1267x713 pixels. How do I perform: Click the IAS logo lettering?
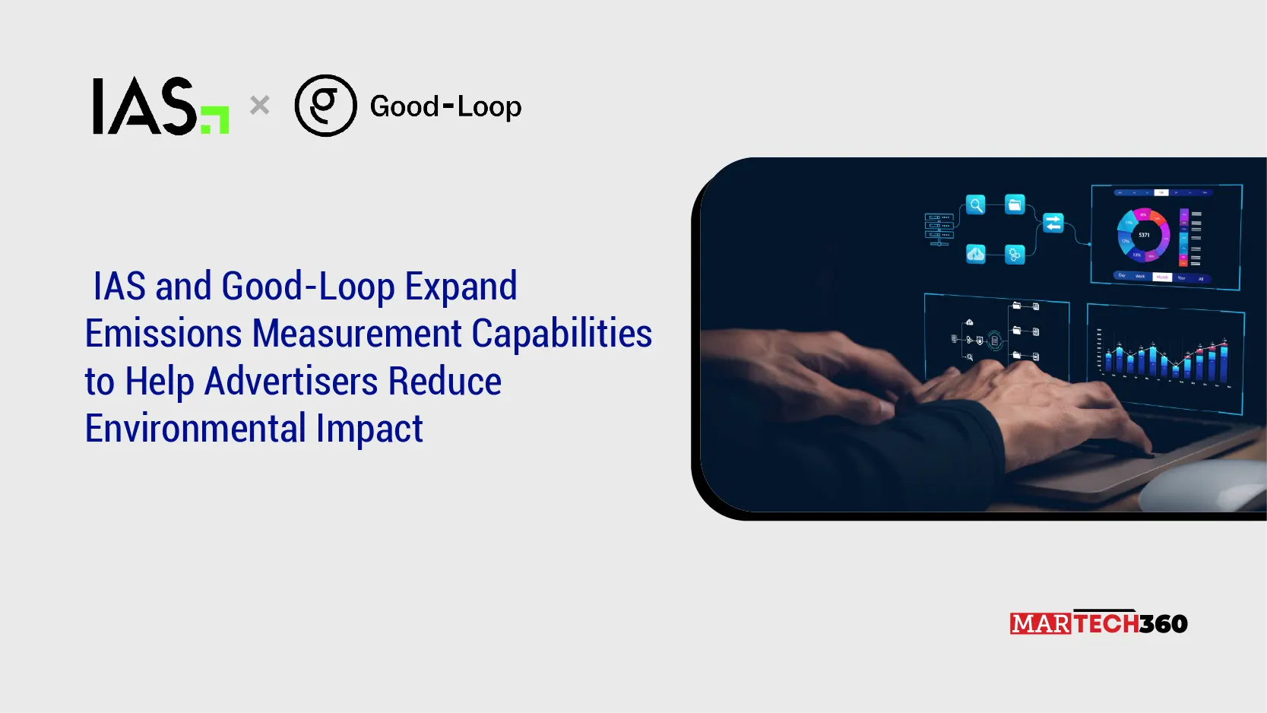pos(144,106)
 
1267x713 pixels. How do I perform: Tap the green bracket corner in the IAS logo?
pos(217,121)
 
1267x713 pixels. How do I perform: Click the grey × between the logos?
pos(260,105)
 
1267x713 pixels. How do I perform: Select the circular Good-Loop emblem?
pos(325,106)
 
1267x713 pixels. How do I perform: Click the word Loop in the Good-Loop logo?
pos(489,107)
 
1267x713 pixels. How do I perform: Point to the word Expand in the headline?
pos(461,287)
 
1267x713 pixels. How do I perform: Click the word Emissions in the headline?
pos(163,334)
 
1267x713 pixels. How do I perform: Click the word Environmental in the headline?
pos(195,429)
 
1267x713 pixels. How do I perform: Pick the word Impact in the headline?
pos(369,429)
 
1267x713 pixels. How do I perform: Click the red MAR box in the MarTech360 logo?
pos(1041,624)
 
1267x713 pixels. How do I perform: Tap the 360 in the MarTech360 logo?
pos(1164,624)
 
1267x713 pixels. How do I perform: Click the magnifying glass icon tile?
pos(976,204)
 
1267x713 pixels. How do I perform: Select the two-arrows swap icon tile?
pos(1053,223)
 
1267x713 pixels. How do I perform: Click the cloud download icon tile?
pos(976,254)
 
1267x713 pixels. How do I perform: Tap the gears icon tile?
pos(1015,254)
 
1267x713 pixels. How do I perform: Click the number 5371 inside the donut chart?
pos(1144,235)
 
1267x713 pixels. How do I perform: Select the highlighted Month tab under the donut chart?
pos(1162,277)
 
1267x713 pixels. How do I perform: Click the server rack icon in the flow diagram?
pos(939,229)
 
